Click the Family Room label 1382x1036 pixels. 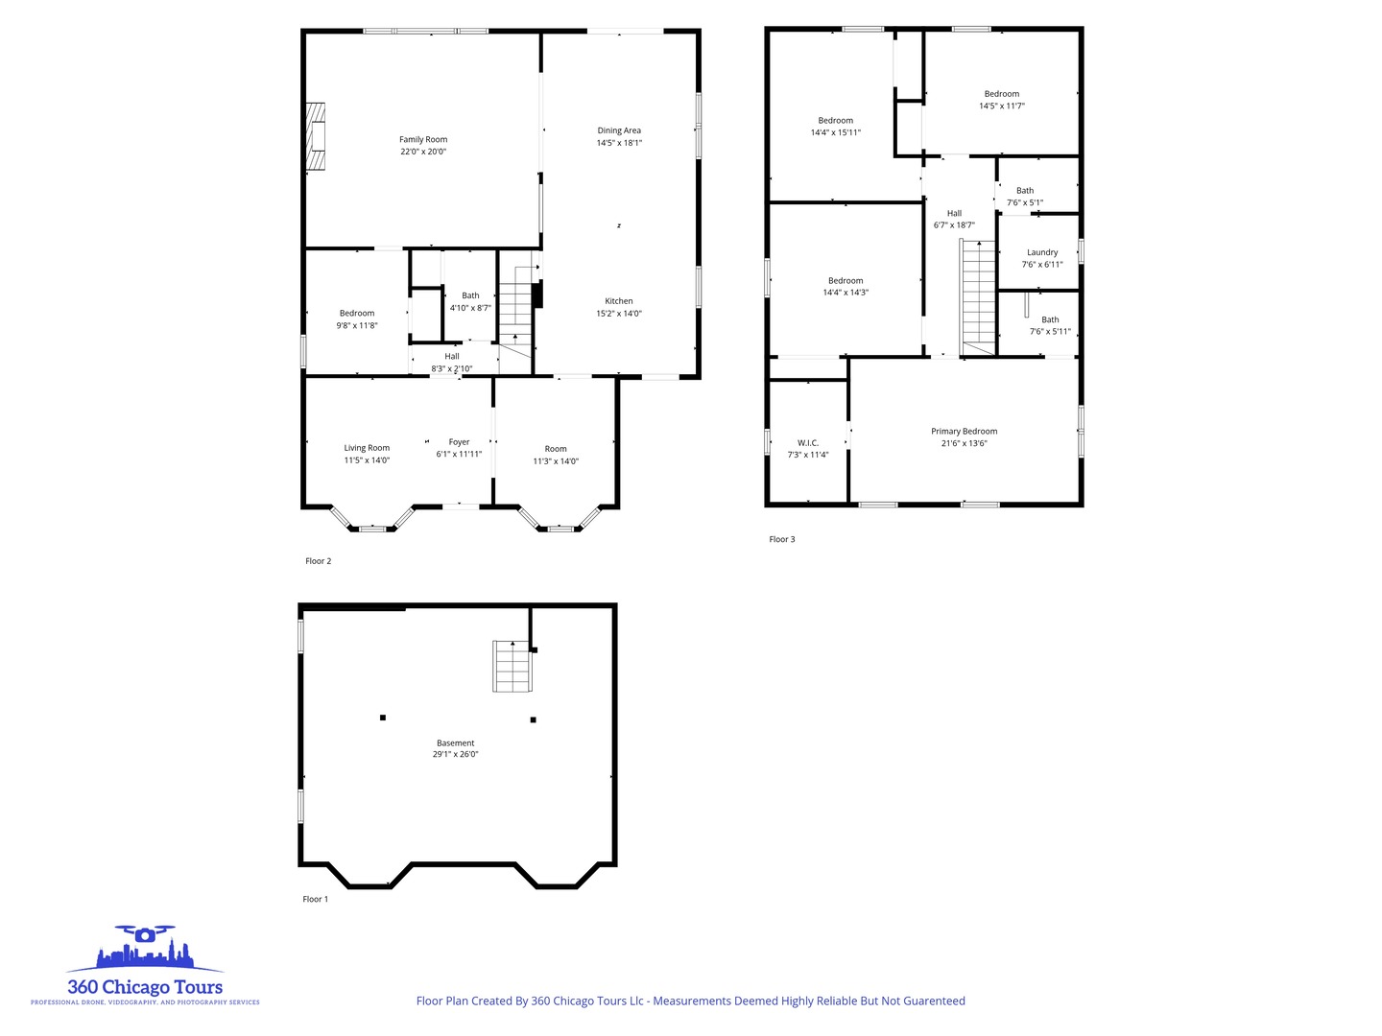click(x=423, y=140)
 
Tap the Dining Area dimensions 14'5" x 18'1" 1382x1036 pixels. click(x=619, y=143)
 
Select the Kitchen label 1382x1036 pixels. click(x=619, y=301)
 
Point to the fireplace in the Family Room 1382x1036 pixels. click(x=316, y=136)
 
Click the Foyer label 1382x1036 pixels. click(x=459, y=442)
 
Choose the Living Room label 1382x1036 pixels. click(x=367, y=448)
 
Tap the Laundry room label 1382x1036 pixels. click(x=1042, y=252)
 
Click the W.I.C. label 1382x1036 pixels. click(x=807, y=443)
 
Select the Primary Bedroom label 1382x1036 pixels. click(x=964, y=432)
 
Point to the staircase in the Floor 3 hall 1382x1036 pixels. click(x=979, y=295)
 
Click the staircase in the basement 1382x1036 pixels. click(x=512, y=667)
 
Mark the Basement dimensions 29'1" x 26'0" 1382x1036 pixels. click(x=455, y=755)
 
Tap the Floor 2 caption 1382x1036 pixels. click(x=318, y=561)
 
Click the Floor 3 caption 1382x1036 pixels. click(x=781, y=539)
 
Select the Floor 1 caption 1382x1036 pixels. click(x=315, y=899)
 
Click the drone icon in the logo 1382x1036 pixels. click(x=145, y=933)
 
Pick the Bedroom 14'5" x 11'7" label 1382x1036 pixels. click(x=1001, y=94)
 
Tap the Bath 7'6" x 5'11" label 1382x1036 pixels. click(x=1050, y=320)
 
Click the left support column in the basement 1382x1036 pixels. click(x=383, y=718)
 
